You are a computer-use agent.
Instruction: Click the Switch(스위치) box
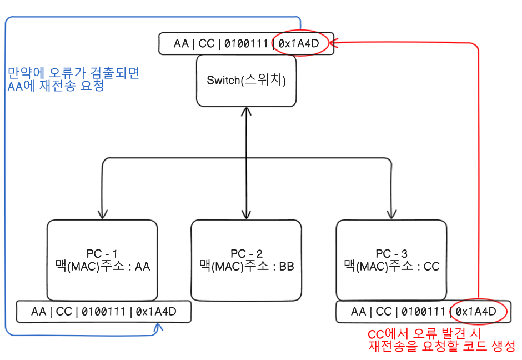247,81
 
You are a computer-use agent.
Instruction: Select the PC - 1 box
102,260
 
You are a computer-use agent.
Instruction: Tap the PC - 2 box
247,260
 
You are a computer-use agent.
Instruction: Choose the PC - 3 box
391,260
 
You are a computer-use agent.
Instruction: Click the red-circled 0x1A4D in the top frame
299,43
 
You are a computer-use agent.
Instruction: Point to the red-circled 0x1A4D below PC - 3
476,311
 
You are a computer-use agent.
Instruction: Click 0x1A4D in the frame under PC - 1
156,311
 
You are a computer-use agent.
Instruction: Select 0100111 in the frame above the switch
246,43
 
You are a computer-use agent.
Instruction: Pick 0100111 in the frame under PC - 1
103,311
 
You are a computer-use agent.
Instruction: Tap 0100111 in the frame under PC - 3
423,311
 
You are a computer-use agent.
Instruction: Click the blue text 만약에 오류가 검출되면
73,73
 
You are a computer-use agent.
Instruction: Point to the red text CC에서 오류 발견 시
424,334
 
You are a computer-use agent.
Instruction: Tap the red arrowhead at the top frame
334,42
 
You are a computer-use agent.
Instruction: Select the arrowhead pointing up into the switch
246,111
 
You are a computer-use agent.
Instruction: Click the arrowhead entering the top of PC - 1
102,214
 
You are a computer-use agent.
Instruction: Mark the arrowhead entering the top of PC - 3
391,214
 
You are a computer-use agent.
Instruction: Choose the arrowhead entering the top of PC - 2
246,214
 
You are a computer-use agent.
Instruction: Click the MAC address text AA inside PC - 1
143,267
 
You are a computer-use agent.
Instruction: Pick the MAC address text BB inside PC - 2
287,267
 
